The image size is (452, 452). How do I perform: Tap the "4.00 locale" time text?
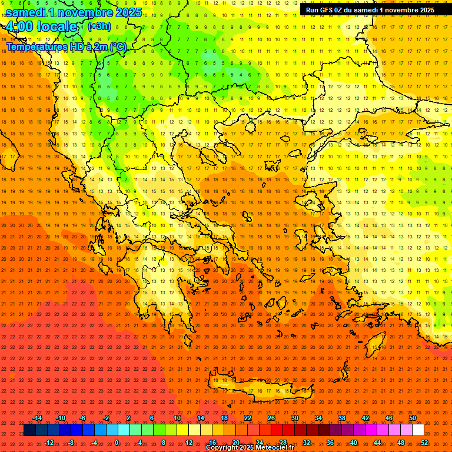[x=42, y=26]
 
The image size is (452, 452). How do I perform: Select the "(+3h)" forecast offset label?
[x=98, y=26]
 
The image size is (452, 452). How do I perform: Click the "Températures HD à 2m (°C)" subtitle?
[x=67, y=46]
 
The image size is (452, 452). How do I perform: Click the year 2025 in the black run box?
[x=424, y=9]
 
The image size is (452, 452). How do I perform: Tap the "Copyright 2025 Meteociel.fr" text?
[x=250, y=448]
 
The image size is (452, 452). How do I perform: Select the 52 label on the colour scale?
[x=424, y=442]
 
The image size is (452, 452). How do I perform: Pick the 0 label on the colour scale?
[x=117, y=442]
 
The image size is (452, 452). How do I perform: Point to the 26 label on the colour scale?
[x=271, y=418]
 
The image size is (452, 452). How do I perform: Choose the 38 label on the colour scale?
[x=342, y=418]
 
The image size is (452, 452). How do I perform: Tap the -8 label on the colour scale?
[x=71, y=442]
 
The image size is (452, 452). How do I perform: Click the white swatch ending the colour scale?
[x=418, y=430]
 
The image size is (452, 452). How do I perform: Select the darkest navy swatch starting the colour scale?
[x=30, y=430]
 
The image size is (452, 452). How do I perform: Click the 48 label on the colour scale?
[x=401, y=442]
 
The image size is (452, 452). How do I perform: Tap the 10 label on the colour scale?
[x=177, y=418]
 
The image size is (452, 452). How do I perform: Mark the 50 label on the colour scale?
[x=413, y=418]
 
